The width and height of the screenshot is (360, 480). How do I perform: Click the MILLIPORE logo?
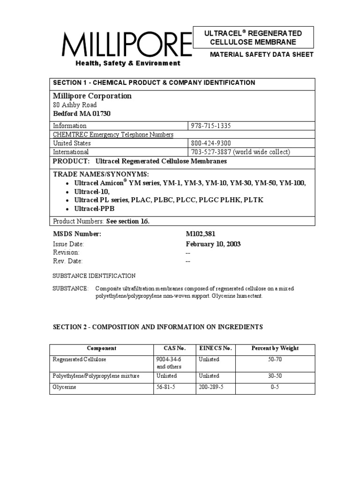127,45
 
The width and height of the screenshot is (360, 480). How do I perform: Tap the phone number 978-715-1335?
211,126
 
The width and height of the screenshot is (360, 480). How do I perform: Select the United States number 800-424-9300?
211,143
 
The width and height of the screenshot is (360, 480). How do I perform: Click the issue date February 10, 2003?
213,244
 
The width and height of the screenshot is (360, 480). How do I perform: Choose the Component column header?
102,348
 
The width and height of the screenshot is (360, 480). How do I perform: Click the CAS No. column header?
174,348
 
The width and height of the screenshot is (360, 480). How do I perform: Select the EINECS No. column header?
216,348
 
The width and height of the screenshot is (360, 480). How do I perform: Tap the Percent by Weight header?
275,348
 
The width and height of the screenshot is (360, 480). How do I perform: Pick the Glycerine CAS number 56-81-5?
166,388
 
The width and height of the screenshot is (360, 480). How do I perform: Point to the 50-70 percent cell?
275,360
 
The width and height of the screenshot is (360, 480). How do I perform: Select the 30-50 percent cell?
275,376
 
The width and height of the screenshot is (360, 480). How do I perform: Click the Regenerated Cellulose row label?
79,360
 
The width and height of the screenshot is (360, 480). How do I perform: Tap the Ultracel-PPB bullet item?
94,209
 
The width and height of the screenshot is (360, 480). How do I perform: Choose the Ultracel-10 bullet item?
92,192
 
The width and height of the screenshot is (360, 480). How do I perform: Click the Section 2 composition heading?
158,327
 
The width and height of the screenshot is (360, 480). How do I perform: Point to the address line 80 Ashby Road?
75,105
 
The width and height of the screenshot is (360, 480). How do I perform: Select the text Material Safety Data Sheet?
262,54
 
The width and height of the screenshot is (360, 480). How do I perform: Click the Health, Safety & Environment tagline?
128,63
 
